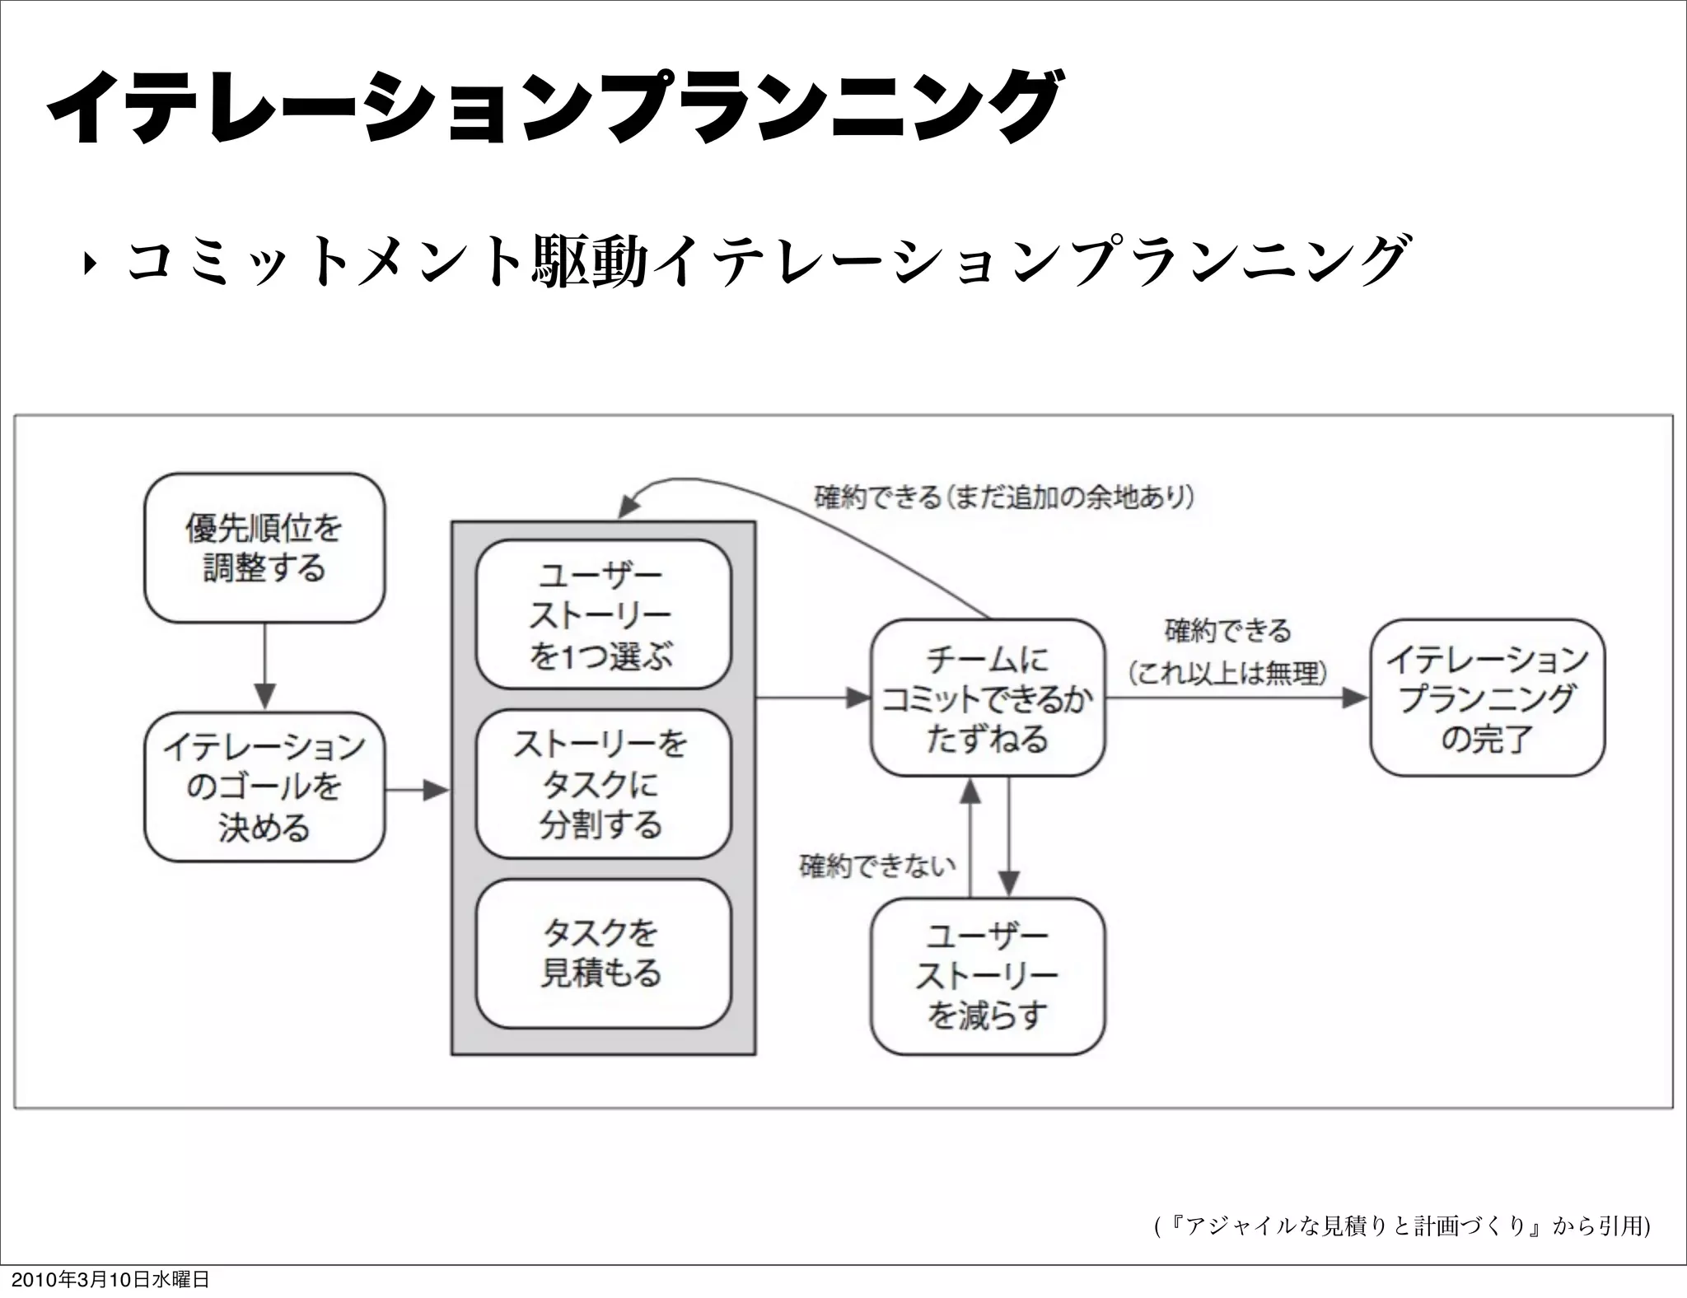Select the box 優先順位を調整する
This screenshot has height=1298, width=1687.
click(264, 548)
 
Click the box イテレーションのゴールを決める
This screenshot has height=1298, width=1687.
click(264, 787)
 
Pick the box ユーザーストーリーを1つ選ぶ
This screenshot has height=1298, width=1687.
click(603, 614)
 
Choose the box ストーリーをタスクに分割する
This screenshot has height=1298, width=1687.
click(603, 784)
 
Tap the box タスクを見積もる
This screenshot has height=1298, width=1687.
click(603, 953)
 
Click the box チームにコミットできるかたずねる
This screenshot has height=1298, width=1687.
click(987, 698)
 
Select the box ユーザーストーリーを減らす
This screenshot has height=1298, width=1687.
click(987, 976)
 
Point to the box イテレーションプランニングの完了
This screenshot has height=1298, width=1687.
click(1487, 698)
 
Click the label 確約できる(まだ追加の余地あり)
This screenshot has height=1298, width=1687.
click(1004, 497)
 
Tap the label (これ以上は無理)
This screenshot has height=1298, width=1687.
click(1227, 674)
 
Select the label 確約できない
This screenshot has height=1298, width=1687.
click(877, 866)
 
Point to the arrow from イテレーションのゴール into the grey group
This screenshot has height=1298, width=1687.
click(417, 791)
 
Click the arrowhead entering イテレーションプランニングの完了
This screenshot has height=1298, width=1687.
click(1355, 698)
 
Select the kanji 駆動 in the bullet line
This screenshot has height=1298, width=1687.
click(590, 262)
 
